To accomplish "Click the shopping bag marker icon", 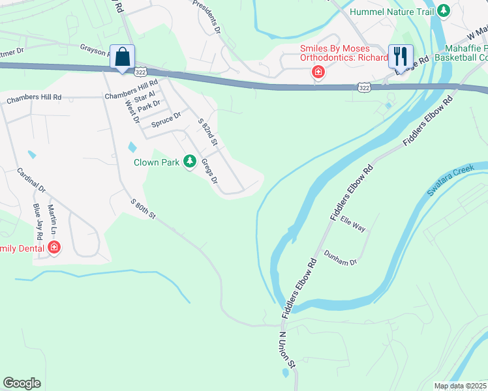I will click(x=122, y=57).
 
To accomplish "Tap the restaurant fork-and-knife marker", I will click(x=399, y=57).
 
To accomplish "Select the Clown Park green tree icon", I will click(x=190, y=161).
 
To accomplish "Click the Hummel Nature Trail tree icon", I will click(x=444, y=11).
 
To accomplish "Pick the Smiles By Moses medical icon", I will click(x=318, y=72).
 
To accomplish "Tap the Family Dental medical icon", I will click(x=53, y=248).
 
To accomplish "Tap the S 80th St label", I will click(x=143, y=209).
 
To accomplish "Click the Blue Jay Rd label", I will click(x=38, y=218).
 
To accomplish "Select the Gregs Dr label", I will click(x=209, y=171).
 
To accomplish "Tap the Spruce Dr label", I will click(x=166, y=120).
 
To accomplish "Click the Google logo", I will click(x=22, y=383).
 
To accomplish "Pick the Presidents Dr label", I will click(x=208, y=16).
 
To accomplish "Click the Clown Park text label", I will click(x=156, y=162).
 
